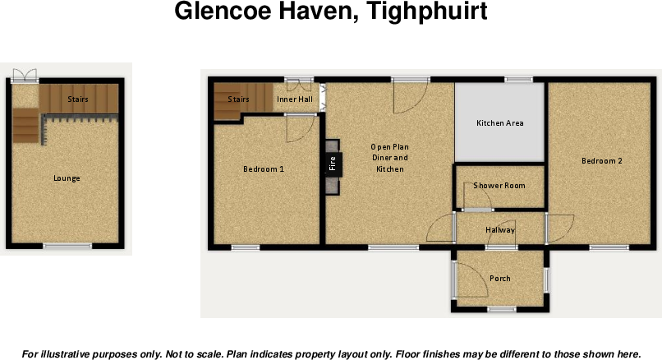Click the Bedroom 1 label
[264, 169]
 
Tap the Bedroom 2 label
[601, 161]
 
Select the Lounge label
[67, 178]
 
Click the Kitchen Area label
[500, 123]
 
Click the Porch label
[499, 279]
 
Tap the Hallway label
[499, 229]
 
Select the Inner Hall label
[294, 99]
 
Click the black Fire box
[333, 164]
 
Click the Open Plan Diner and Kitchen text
[389, 158]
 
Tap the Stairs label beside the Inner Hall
[238, 99]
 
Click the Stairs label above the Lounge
[78, 99]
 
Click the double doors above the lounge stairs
[25, 75]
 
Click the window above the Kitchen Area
[517, 80]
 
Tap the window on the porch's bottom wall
[500, 309]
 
